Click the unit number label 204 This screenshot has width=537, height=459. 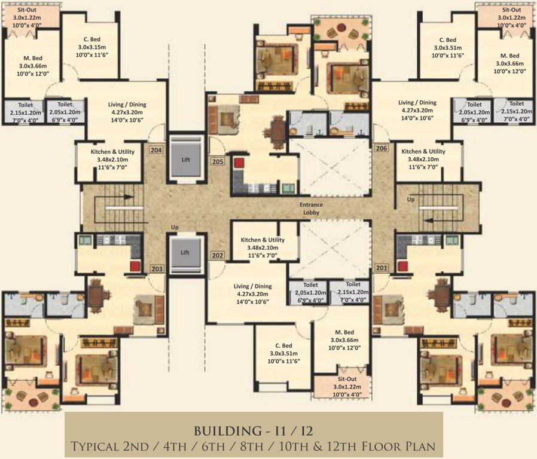pyautogui.click(x=156, y=149)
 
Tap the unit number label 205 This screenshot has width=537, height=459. pyautogui.click(x=217, y=161)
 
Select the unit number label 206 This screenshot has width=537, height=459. pyautogui.click(x=381, y=148)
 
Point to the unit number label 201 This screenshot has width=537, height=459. pyautogui.click(x=382, y=267)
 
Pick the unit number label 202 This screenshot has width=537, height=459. pyautogui.click(x=217, y=255)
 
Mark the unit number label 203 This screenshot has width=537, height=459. pyautogui.click(x=157, y=269)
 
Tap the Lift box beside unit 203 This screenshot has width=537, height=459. pyautogui.click(x=185, y=253)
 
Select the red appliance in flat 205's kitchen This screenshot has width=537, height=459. pyautogui.click(x=240, y=163)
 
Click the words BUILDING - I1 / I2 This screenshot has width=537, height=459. pyautogui.click(x=254, y=430)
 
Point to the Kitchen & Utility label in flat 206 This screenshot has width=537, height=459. pyautogui.click(x=423, y=160)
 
